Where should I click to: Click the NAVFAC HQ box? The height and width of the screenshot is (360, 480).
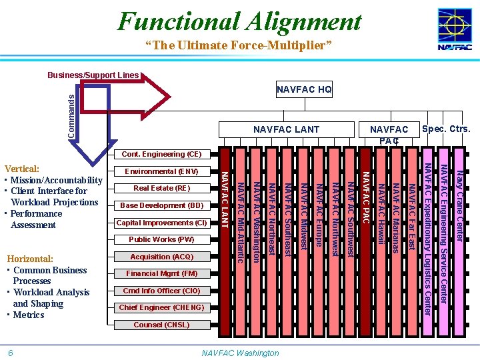click(304, 90)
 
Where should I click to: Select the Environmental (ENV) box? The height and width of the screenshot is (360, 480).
click(162, 171)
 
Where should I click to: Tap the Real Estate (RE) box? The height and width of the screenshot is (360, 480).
click(162, 188)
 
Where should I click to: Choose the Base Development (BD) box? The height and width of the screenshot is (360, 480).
click(162, 205)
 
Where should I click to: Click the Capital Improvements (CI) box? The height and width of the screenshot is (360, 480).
click(162, 223)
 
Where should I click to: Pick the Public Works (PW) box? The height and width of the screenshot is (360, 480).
click(162, 239)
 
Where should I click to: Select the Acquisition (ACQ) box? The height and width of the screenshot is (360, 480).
click(162, 257)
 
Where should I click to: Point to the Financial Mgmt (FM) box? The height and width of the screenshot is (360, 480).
click(162, 273)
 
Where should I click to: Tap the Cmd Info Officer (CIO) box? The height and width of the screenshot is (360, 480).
click(162, 291)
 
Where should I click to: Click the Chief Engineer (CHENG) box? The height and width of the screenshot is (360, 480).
click(162, 307)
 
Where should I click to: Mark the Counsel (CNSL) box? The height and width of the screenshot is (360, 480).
click(162, 325)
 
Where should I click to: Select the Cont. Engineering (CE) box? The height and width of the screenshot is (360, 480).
click(162, 154)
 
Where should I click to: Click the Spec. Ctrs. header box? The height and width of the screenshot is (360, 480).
click(446, 129)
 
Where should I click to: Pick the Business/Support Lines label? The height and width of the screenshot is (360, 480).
click(93, 75)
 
